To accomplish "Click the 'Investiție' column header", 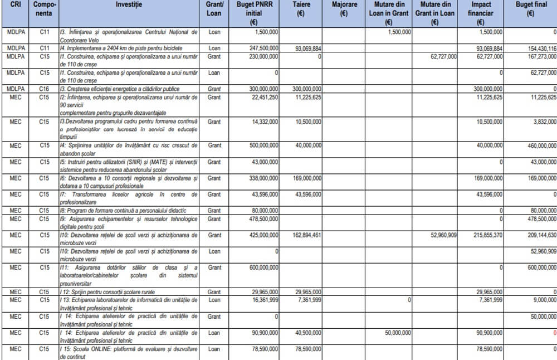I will coord(129,4).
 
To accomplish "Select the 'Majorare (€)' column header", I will coord(344,8).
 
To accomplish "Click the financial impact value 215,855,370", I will coord(485,235).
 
